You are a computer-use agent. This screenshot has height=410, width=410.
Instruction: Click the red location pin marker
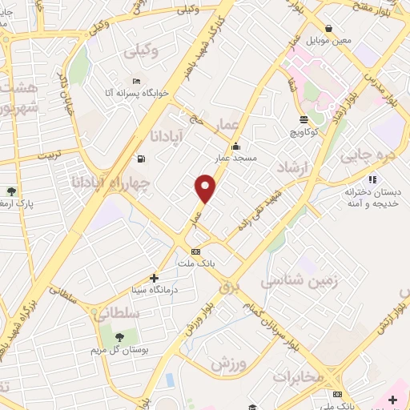pyautogui.click(x=205, y=188)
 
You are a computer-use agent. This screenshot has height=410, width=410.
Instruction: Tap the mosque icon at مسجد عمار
pyautogui.click(x=235, y=147)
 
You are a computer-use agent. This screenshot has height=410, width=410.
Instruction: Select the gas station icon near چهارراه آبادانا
pyautogui.click(x=142, y=158)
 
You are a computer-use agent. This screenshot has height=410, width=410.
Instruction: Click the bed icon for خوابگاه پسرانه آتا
pyautogui.click(x=136, y=81)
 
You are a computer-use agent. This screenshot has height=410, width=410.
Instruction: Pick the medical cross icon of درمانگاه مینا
pyautogui.click(x=155, y=278)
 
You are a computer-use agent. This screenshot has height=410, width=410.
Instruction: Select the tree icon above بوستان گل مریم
pyautogui.click(x=119, y=337)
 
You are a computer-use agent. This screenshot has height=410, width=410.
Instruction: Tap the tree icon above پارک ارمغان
pyautogui.click(x=12, y=191)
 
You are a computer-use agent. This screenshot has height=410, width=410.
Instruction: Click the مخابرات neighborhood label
pyautogui.click(x=297, y=376)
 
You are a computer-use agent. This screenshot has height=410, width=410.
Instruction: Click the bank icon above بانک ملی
pyautogui.click(x=337, y=395)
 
